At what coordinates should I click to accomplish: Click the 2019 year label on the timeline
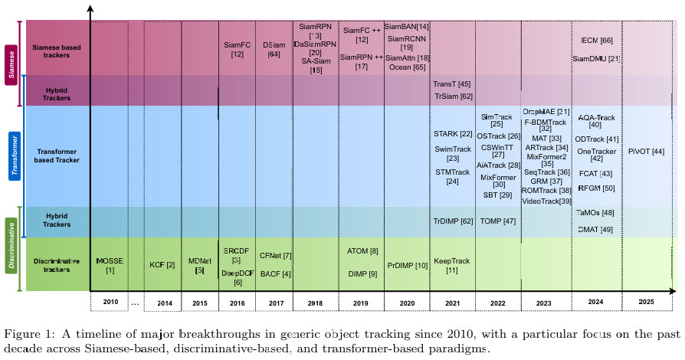click(x=357, y=303)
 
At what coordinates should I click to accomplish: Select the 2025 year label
click(x=646, y=303)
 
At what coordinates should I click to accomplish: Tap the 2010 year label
click(x=110, y=303)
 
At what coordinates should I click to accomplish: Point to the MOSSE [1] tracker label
click(x=110, y=265)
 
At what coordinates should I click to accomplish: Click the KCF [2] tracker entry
click(x=162, y=265)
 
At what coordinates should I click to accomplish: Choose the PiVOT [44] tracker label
click(x=646, y=152)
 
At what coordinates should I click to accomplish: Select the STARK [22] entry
click(x=452, y=134)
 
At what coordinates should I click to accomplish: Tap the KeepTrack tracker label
click(x=452, y=265)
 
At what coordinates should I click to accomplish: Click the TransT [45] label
click(x=452, y=84)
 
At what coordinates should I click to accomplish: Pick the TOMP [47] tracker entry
click(x=498, y=221)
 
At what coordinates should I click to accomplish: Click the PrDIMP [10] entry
click(x=408, y=265)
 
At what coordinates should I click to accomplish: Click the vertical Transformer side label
click(x=13, y=155)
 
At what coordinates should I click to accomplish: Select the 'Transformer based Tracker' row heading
click(x=57, y=155)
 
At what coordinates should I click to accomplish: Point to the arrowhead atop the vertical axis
click(x=91, y=9)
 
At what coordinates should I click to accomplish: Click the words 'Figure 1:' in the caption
click(x=28, y=334)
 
